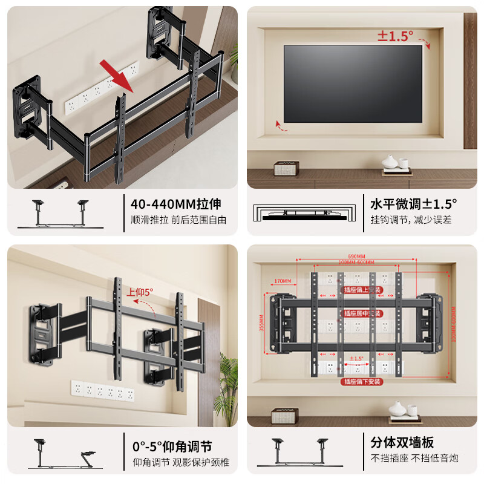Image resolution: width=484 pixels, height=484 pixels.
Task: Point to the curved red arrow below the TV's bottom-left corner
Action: [279, 125]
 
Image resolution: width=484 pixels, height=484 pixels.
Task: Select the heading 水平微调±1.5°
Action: [414, 203]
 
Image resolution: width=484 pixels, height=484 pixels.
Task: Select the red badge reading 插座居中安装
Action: [363, 314]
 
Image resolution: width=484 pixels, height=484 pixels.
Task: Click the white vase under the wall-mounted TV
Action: [390, 162]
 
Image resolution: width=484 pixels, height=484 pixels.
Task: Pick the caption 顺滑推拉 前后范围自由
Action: [178, 220]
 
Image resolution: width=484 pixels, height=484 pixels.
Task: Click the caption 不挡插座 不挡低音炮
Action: [414, 459]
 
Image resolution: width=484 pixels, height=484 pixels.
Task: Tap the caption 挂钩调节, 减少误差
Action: [411, 220]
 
